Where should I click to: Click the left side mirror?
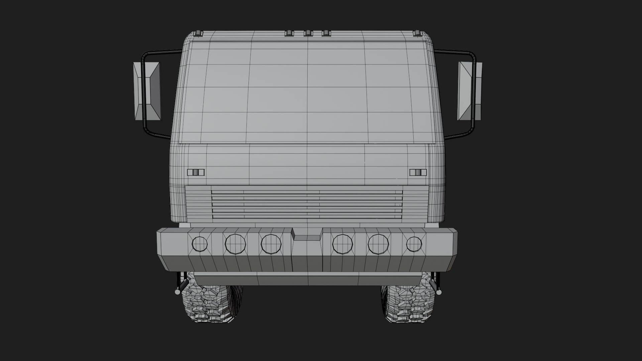147,91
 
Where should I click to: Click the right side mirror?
469,91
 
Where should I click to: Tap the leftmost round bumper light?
200,244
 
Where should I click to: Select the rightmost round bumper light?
414,244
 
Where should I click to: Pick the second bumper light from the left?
235,243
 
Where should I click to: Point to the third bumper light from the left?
271,243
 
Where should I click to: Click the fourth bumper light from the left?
342,243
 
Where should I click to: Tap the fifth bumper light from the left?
378,243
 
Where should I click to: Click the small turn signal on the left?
196,172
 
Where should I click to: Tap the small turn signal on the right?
418,172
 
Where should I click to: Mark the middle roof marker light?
308,33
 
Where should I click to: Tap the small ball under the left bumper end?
177,292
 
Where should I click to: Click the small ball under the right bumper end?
439,292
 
